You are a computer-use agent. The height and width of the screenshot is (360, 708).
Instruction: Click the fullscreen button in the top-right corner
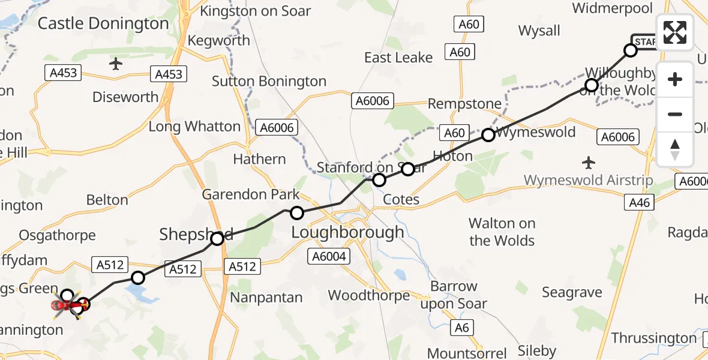click(675, 33)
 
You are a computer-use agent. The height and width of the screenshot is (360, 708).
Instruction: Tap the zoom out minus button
click(675, 114)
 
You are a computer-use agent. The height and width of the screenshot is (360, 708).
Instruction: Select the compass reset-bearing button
click(675, 149)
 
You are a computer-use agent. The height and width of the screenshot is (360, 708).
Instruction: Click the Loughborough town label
click(347, 232)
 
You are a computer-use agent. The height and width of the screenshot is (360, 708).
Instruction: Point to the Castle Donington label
click(103, 24)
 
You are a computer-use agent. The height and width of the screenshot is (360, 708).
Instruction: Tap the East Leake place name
click(398, 58)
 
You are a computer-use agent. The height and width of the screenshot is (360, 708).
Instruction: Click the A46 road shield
click(640, 203)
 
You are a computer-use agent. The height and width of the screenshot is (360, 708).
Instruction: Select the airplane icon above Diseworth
click(116, 64)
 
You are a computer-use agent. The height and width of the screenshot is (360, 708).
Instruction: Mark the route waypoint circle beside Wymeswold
click(488, 135)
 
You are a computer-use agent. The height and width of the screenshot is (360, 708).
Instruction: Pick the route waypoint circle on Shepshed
click(217, 239)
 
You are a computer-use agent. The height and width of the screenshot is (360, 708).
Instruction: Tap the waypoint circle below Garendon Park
click(297, 212)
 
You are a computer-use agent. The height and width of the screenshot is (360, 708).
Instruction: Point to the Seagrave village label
click(572, 293)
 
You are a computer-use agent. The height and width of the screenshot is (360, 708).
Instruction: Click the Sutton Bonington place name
click(269, 82)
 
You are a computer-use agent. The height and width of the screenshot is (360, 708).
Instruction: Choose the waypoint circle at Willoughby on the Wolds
click(591, 86)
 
